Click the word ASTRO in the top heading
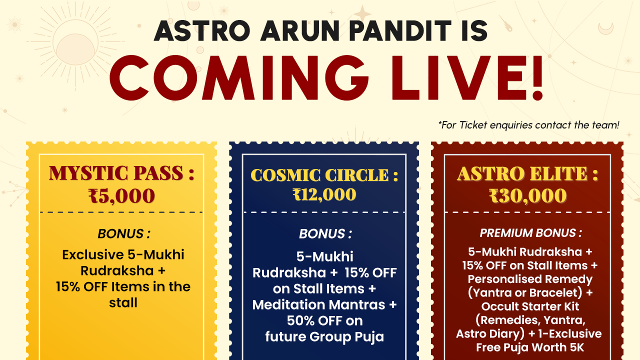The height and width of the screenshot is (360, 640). [x=202, y=31]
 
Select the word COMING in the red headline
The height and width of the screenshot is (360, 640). [x=239, y=77]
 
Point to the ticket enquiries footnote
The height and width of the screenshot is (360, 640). [x=529, y=125]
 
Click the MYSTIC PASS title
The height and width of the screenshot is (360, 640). [x=121, y=173]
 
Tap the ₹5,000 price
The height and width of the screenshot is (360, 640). [x=121, y=196]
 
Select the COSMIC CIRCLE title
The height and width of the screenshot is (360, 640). [x=324, y=175]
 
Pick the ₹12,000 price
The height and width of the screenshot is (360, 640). [x=324, y=195]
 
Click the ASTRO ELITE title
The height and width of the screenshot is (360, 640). [x=527, y=173]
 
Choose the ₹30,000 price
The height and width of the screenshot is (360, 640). [x=527, y=196]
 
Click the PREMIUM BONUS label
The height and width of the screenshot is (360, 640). [x=530, y=233]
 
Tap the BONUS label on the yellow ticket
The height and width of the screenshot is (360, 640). [x=124, y=233]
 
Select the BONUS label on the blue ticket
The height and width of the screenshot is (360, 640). [x=325, y=233]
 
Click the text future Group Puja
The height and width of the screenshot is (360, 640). [x=324, y=337]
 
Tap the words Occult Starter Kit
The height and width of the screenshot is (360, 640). [x=530, y=306]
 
